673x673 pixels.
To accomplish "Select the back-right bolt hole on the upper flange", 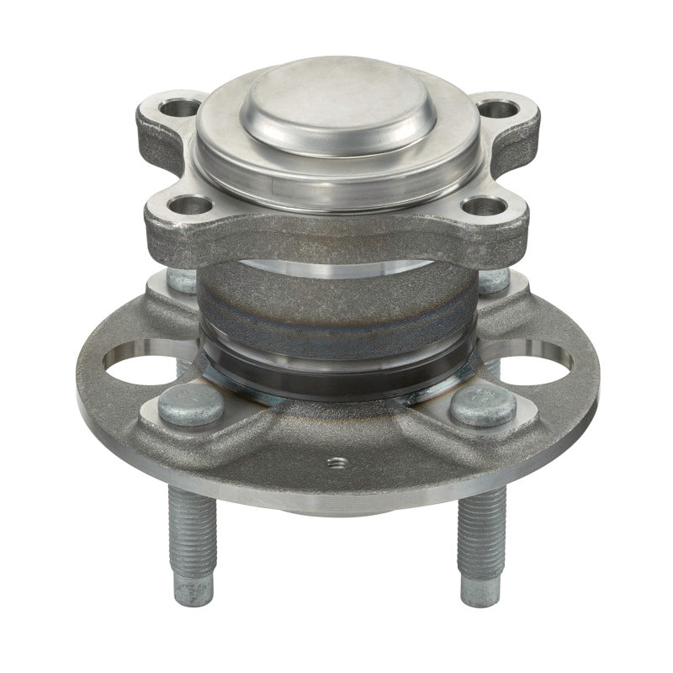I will [x=498, y=109].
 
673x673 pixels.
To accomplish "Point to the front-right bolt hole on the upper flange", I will [x=486, y=205].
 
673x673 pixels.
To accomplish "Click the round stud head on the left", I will [x=191, y=405].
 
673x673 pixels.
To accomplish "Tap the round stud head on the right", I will [x=484, y=405].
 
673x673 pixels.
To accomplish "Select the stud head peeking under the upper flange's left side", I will [x=180, y=280].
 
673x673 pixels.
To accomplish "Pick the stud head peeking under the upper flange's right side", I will [x=493, y=280].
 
